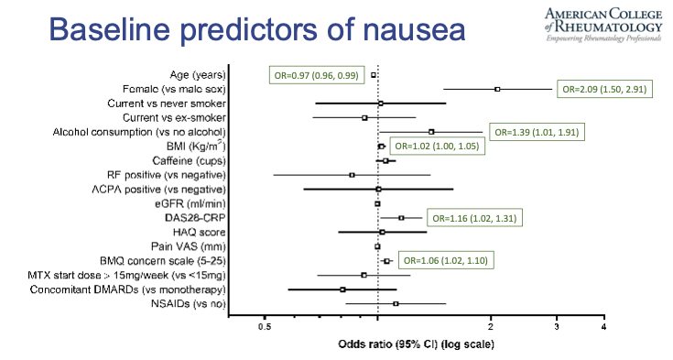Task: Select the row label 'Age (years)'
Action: pyautogui.click(x=197, y=74)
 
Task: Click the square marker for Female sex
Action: pyautogui.click(x=497, y=89)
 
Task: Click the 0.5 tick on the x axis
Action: pyautogui.click(x=265, y=326)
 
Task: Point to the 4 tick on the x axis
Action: pyautogui.click(x=603, y=326)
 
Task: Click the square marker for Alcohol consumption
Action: pyautogui.click(x=431, y=132)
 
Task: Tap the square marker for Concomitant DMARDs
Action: pyautogui.click(x=342, y=289)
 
